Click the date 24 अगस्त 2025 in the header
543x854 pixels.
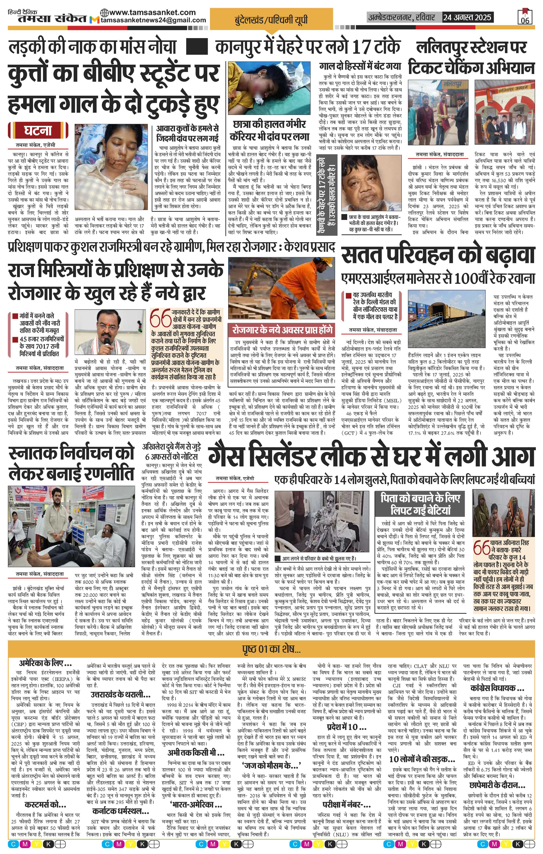(x=467, y=17)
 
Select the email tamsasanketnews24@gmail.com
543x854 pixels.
(x=153, y=20)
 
